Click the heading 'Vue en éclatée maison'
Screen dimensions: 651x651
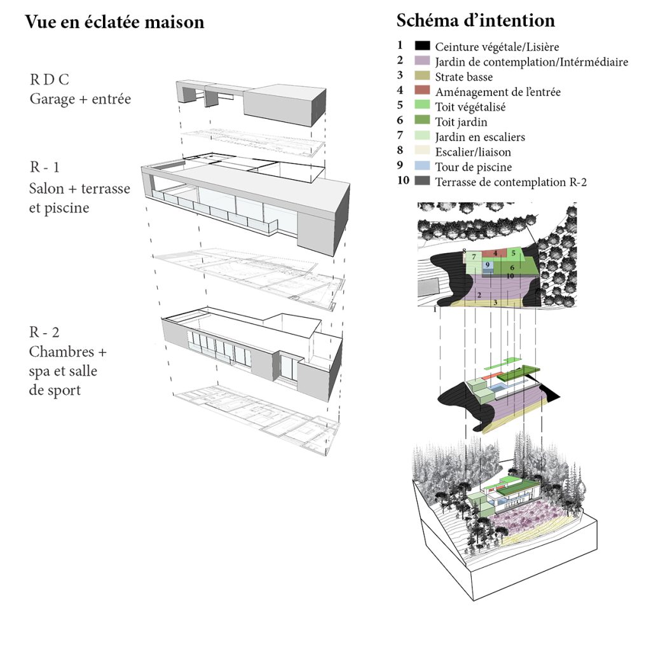pyautogui.click(x=114, y=22)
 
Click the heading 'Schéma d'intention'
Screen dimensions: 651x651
pyautogui.click(x=476, y=20)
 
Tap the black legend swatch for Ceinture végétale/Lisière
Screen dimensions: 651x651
pyautogui.click(x=423, y=46)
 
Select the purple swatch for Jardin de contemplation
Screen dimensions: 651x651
pyautogui.click(x=423, y=62)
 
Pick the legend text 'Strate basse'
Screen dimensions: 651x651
pyautogui.click(x=464, y=77)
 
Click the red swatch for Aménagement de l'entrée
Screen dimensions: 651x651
pyautogui.click(x=423, y=92)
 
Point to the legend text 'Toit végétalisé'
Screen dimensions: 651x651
pyautogui.click(x=471, y=107)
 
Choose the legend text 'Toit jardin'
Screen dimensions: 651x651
pyautogui.click(x=462, y=122)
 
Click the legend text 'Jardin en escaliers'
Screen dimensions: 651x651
pyautogui.click(x=480, y=137)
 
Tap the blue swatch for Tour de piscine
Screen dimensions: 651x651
pyautogui.click(x=423, y=167)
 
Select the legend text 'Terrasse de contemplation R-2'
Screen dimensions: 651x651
pyautogui.click(x=511, y=182)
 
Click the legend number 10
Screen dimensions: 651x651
pyautogui.click(x=402, y=182)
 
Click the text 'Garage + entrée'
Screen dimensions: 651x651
pyautogui.click(x=80, y=99)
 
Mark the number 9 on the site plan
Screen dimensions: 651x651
pyautogui.click(x=487, y=264)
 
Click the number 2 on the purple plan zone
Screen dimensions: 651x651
pyautogui.click(x=478, y=296)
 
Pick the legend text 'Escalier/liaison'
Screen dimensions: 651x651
pyautogui.click(x=473, y=152)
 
